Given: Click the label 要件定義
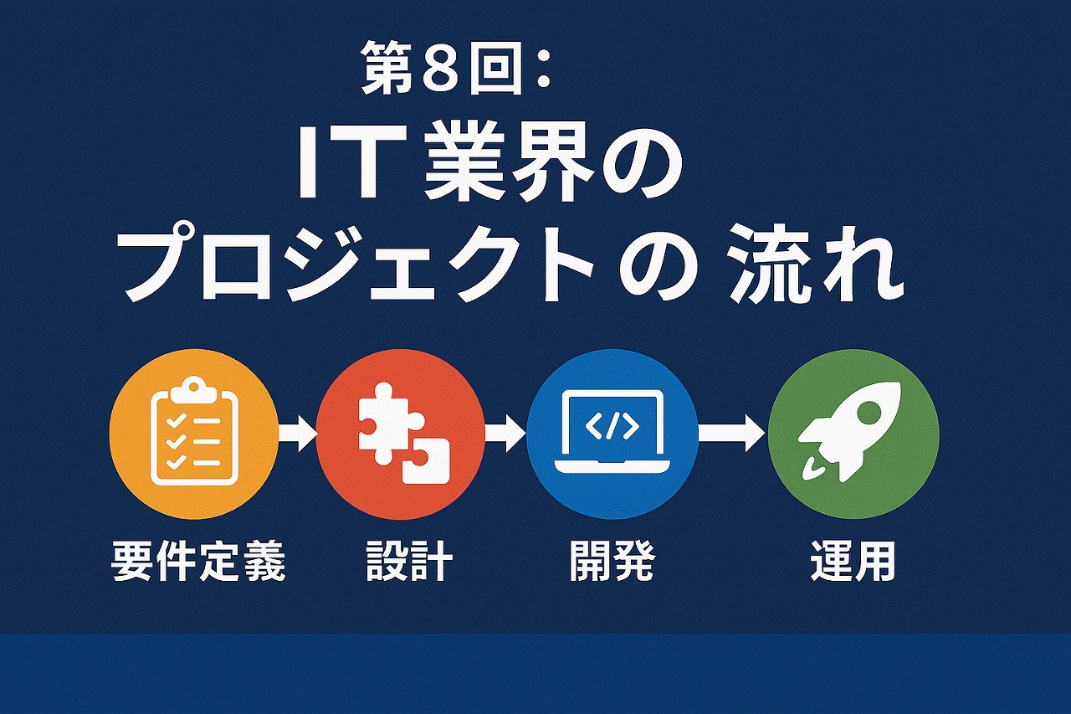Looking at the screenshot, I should click(x=198, y=562).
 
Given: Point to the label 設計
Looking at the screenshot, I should click(x=409, y=562).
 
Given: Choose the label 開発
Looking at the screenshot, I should click(x=612, y=562).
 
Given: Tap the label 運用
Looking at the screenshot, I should click(x=853, y=562).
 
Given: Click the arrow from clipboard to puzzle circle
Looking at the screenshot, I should click(x=297, y=433).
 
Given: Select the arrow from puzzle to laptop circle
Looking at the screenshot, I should click(x=505, y=433).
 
